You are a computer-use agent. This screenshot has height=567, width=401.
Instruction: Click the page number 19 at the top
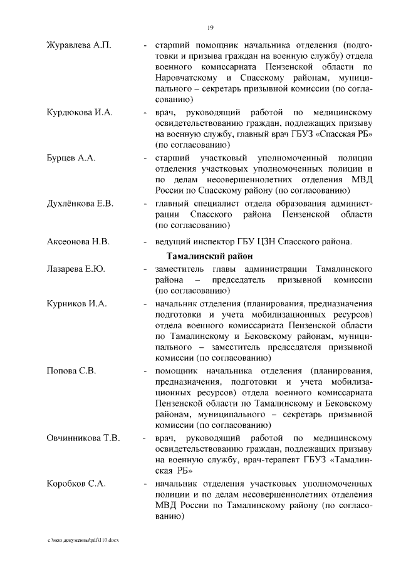211,27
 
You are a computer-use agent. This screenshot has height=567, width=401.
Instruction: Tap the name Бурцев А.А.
71,158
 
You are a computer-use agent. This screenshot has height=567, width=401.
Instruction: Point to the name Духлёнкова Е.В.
80,204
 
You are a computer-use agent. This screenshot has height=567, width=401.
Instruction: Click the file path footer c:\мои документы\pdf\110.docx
82,539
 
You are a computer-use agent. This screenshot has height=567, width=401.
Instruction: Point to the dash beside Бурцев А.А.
145,158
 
